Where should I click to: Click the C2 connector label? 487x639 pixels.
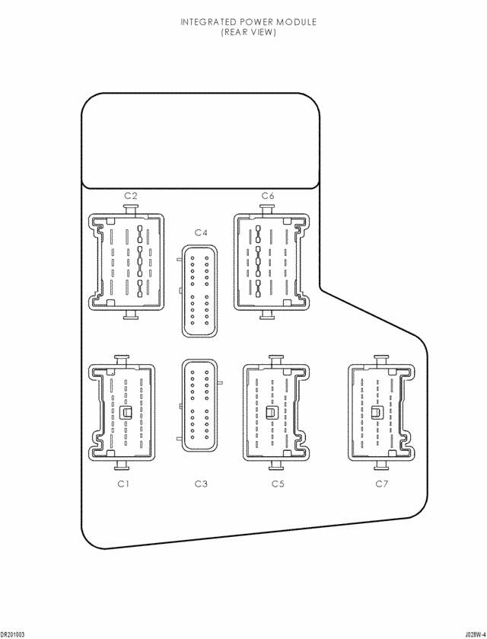coord(131,196)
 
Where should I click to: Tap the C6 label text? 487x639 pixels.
coord(268,196)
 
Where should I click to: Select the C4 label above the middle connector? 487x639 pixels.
coord(201,232)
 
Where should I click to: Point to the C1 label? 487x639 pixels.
coord(123,484)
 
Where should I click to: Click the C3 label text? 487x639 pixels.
coord(201,484)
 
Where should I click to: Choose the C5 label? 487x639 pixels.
coord(278,484)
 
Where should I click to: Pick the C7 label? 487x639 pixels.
coord(382,484)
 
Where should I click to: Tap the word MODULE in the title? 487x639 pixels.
coord(297,22)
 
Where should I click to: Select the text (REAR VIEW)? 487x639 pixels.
coord(249,32)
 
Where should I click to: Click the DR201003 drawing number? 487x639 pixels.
coord(13,634)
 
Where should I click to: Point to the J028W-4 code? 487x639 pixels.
coord(476,634)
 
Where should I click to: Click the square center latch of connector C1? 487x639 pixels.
coord(126,412)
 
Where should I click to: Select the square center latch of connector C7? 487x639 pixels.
coord(377,412)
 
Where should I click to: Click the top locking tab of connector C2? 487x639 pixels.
coord(130,209)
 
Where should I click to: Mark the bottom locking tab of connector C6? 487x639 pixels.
coord(267,315)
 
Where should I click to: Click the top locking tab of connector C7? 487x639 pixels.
coord(381,361)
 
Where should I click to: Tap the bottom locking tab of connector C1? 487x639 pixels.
coord(123,465)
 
